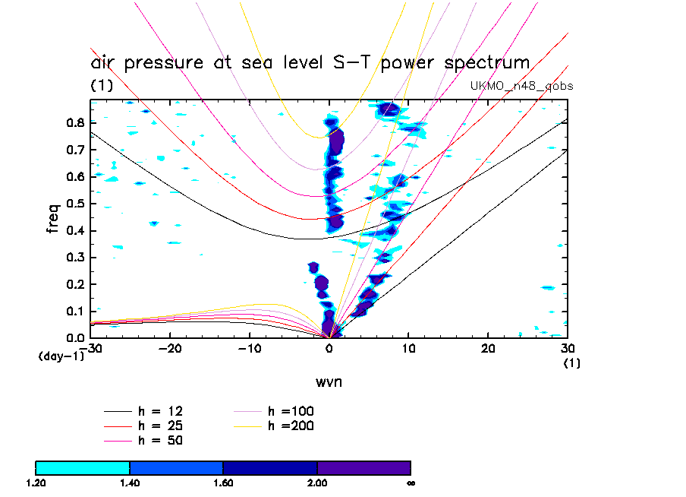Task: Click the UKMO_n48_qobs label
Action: click(x=521, y=86)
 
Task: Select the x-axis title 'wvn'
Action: click(x=329, y=381)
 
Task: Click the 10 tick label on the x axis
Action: click(x=408, y=348)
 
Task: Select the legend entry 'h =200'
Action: click(x=291, y=426)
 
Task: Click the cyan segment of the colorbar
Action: click(x=83, y=467)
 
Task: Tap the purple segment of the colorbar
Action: click(x=363, y=467)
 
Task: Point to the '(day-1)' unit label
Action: click(x=61, y=356)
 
